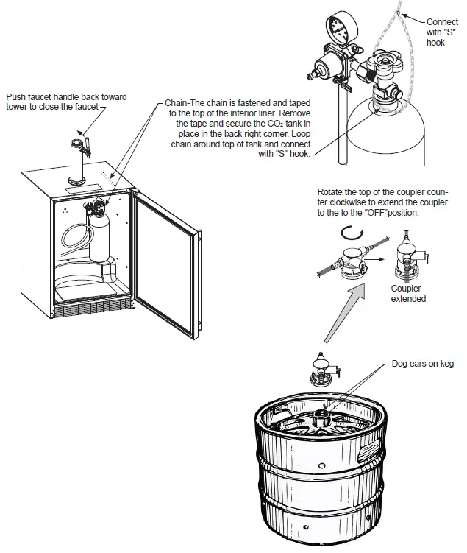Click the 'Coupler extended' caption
coord(408,294)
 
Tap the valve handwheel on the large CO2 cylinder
coord(384,63)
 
